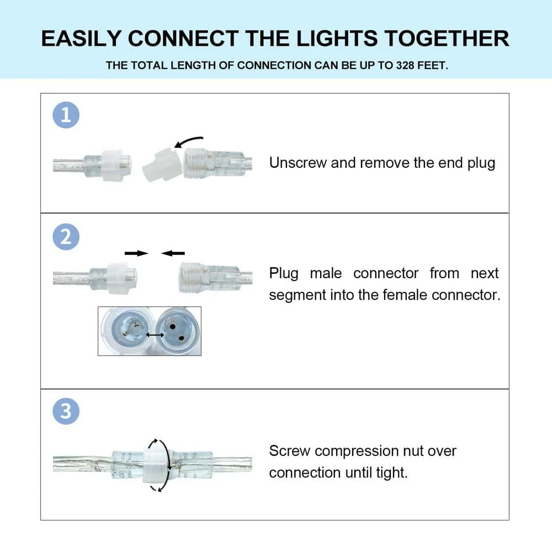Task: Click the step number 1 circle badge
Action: click(x=66, y=115)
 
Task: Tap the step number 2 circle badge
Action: click(x=66, y=237)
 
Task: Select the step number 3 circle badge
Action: click(x=66, y=412)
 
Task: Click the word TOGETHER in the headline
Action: click(x=447, y=39)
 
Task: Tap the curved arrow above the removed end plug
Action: click(x=189, y=141)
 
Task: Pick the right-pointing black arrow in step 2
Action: click(x=136, y=253)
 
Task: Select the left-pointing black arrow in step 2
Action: click(x=173, y=253)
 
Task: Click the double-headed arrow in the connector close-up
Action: click(x=155, y=335)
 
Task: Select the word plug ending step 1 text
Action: click(x=481, y=163)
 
